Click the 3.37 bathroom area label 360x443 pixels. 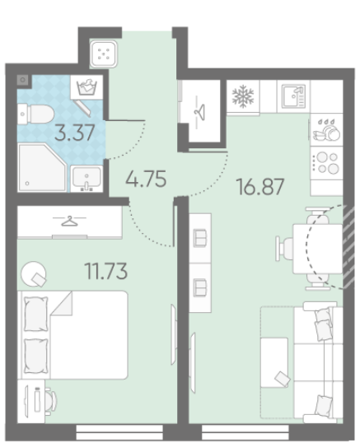tap(75, 133)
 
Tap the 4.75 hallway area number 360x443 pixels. tap(146, 179)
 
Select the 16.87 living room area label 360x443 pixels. tap(260, 187)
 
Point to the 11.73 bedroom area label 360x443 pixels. tap(106, 271)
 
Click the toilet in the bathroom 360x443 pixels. tap(35, 114)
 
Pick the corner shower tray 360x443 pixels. tap(42, 167)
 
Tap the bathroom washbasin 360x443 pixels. tap(86, 179)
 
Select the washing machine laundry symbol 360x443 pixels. tap(87, 86)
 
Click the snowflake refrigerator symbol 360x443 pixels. tap(243, 96)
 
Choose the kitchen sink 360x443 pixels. tap(294, 96)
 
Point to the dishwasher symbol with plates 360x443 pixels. tap(327, 130)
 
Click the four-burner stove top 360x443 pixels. tap(327, 163)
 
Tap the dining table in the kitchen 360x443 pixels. tap(318, 249)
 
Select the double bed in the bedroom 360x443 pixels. tap(72, 335)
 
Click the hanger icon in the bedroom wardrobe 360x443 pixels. tap(69, 221)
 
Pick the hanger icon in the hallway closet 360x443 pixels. tap(200, 112)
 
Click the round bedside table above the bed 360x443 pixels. tap(34, 273)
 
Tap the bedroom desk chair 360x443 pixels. tap(51, 401)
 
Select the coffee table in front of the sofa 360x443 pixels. tap(274, 363)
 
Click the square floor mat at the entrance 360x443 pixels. tap(103, 54)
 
